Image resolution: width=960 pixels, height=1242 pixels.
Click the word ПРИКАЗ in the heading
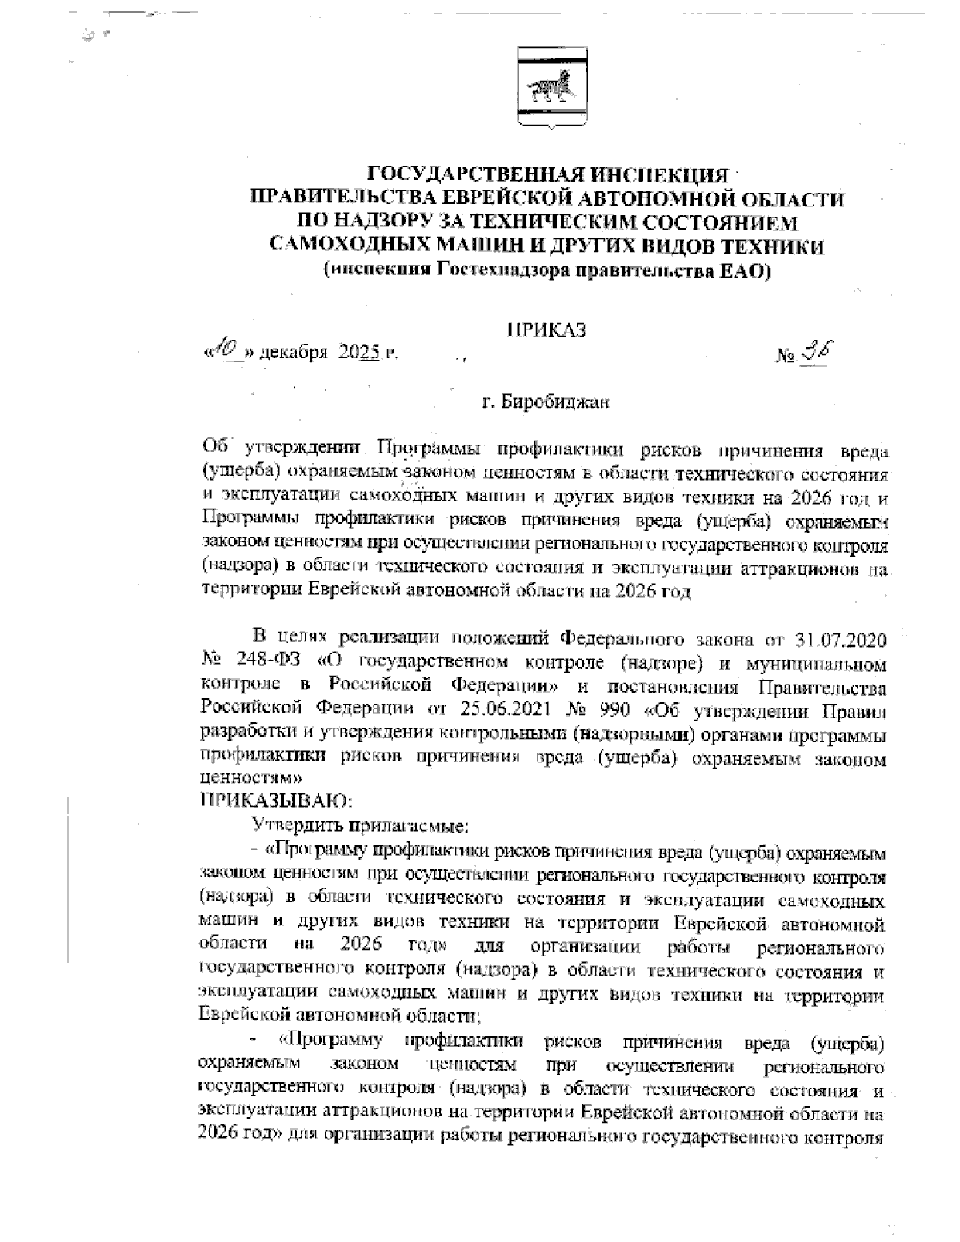click(x=547, y=330)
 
